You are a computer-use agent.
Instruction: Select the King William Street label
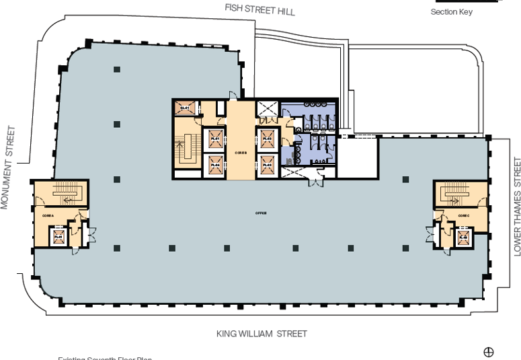click(x=262, y=334)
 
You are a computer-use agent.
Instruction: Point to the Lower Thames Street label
click(x=516, y=206)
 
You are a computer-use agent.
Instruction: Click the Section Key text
click(x=451, y=12)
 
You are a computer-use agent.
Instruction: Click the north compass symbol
click(x=489, y=351)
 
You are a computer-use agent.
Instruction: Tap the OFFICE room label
click(x=261, y=213)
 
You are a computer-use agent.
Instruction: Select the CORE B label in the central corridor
click(x=241, y=153)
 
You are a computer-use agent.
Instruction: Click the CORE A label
click(x=47, y=215)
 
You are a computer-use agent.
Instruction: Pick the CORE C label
click(x=464, y=215)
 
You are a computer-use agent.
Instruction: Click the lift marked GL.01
click(x=185, y=108)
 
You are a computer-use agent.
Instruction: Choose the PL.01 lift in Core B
click(x=215, y=139)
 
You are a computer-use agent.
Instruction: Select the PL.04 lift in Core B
click(x=215, y=163)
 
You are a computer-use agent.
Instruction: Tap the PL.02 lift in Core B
click(x=267, y=138)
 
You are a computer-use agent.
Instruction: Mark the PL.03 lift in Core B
click(x=267, y=163)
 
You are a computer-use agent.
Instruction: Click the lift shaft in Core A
click(x=58, y=236)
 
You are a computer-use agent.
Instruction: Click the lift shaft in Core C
click(x=463, y=237)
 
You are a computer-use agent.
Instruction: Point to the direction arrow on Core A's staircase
click(x=68, y=200)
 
